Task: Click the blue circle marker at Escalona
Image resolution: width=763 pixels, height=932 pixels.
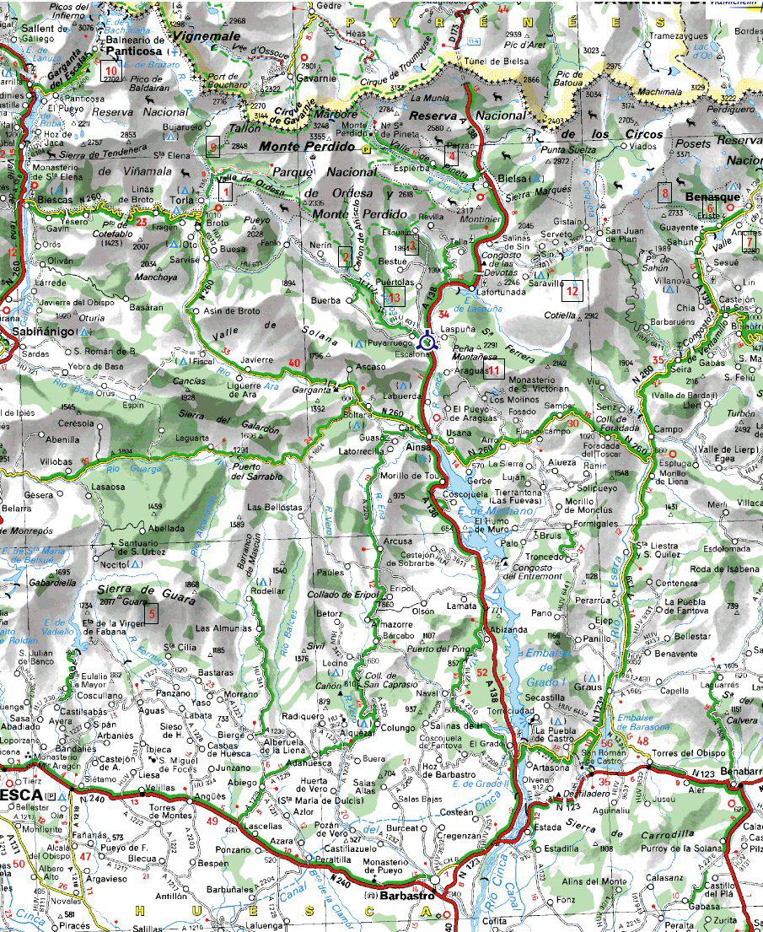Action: (x=427, y=342)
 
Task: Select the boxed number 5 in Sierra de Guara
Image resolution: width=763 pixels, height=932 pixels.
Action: (x=151, y=614)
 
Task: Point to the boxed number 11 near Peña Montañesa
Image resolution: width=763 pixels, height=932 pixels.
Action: (x=494, y=369)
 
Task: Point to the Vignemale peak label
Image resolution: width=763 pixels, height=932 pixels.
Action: (x=206, y=37)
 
